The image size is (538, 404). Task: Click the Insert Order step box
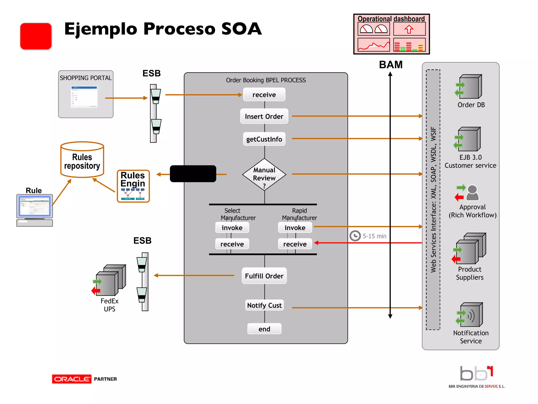264,116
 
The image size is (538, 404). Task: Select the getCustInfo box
264,139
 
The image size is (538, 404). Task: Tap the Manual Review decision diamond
264,175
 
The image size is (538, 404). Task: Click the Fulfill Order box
264,276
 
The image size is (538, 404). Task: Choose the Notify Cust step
264,305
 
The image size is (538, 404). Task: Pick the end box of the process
264,329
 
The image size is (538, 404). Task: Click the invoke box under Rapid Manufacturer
295,228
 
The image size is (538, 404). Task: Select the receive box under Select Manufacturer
232,244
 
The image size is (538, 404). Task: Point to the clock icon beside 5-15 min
355,236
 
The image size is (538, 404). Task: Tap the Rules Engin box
133,186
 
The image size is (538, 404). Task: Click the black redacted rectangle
193,174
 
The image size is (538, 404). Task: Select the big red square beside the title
36,36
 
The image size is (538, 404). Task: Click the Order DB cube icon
470,87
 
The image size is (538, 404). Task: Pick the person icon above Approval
472,193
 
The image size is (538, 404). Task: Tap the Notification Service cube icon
471,315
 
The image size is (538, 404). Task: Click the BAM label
391,65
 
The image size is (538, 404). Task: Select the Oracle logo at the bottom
71,379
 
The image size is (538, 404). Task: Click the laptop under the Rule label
35,210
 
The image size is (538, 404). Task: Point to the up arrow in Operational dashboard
409,29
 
